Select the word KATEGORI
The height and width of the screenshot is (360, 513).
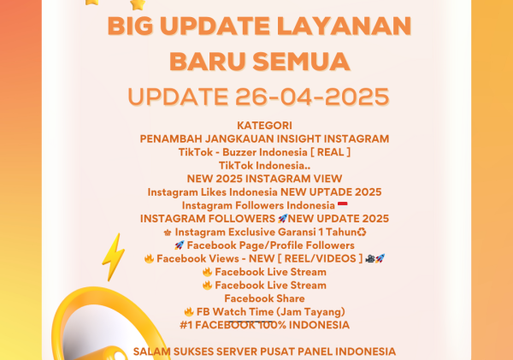[x=264, y=125]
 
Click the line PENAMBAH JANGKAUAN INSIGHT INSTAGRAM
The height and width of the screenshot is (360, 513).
[x=264, y=139]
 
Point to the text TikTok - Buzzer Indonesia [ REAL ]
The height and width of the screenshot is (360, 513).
[x=264, y=151]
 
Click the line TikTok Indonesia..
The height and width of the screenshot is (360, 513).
[x=264, y=165]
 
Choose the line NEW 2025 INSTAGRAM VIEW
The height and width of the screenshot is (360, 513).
[x=264, y=178]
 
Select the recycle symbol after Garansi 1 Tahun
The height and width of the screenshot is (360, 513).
[x=363, y=232]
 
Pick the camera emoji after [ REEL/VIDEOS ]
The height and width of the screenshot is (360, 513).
[x=369, y=258]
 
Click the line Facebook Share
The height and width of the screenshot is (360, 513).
[x=264, y=298]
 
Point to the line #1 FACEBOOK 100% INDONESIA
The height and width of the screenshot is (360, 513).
[x=264, y=325]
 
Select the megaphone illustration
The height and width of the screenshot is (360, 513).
[x=85, y=329]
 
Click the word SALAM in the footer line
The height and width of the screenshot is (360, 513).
[x=150, y=351]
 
